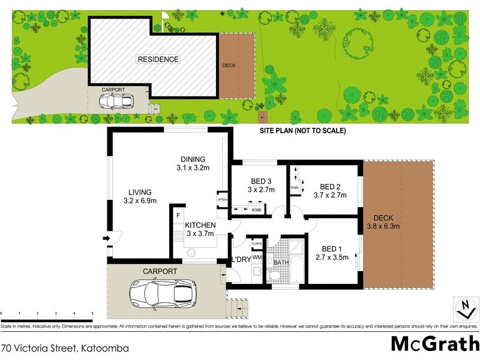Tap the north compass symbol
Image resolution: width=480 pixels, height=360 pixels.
pos(463,310)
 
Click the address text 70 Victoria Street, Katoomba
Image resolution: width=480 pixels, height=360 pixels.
pos(65,347)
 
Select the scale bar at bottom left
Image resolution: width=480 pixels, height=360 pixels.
pos(47,313)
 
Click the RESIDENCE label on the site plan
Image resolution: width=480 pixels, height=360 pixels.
pos(158,59)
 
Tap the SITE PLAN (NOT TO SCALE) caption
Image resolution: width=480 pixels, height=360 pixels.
pos(302,131)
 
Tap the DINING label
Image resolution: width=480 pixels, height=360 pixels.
pos(193,159)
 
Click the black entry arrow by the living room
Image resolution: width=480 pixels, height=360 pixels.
pos(107,238)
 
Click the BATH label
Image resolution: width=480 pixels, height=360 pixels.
pos(281,263)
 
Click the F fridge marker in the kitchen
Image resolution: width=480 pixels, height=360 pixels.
pos(178,214)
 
